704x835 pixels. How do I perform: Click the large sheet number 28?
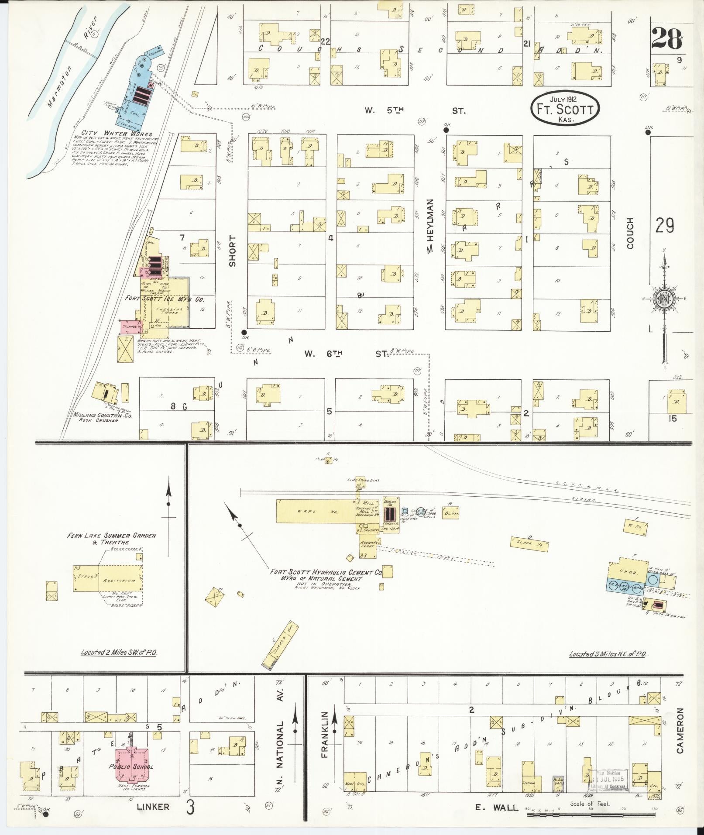point(666,40)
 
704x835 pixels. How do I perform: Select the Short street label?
point(232,251)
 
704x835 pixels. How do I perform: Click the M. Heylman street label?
point(430,226)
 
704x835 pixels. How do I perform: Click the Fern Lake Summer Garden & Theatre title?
point(111,539)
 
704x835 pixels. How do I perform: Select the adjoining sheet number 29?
point(664,225)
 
